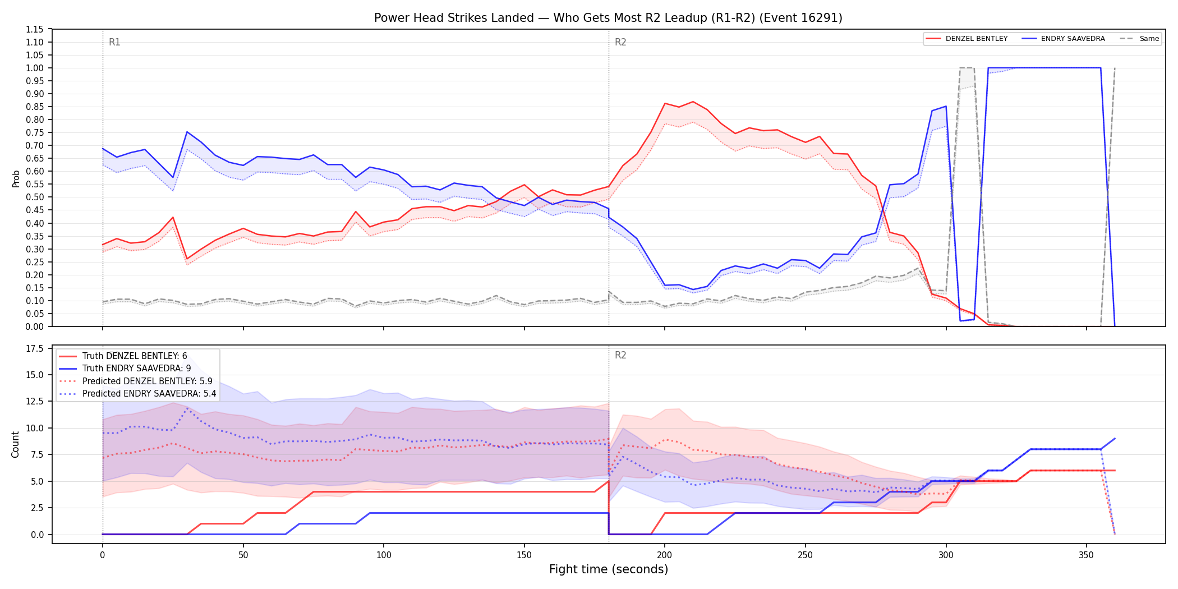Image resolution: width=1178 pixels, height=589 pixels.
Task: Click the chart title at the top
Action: (x=608, y=18)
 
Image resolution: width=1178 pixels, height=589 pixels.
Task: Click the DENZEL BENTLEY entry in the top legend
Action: (x=977, y=39)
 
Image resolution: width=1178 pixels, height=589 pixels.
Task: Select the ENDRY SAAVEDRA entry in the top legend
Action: (x=1073, y=39)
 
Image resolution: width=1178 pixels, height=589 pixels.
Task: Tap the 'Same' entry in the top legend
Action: (x=1149, y=39)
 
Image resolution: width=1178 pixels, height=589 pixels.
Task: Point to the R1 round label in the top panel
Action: (x=114, y=42)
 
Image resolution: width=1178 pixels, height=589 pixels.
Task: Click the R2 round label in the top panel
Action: (x=620, y=42)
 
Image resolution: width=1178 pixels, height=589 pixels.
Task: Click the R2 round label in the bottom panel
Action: (x=620, y=355)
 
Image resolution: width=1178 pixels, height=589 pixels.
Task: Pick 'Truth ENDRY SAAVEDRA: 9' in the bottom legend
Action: (x=137, y=369)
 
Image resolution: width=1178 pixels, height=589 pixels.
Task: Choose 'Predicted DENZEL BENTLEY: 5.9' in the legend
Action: (x=148, y=381)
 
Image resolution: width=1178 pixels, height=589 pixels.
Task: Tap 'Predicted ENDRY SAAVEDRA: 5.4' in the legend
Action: (x=149, y=394)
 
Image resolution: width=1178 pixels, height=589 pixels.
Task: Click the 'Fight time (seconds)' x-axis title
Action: (x=609, y=569)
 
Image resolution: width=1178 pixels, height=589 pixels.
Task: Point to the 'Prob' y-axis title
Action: (x=16, y=178)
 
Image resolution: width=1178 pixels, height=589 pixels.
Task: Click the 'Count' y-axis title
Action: (x=15, y=444)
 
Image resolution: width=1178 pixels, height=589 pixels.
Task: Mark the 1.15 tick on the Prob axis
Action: (x=35, y=29)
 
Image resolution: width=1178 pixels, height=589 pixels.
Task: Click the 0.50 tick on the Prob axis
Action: (x=35, y=197)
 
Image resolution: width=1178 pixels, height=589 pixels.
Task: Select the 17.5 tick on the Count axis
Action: (x=35, y=348)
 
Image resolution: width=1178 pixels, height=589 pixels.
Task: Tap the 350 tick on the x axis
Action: (x=1087, y=555)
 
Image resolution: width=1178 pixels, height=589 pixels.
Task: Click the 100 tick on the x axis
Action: (x=384, y=555)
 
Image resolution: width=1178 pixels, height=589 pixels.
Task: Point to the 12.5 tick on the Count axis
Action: (x=35, y=402)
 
